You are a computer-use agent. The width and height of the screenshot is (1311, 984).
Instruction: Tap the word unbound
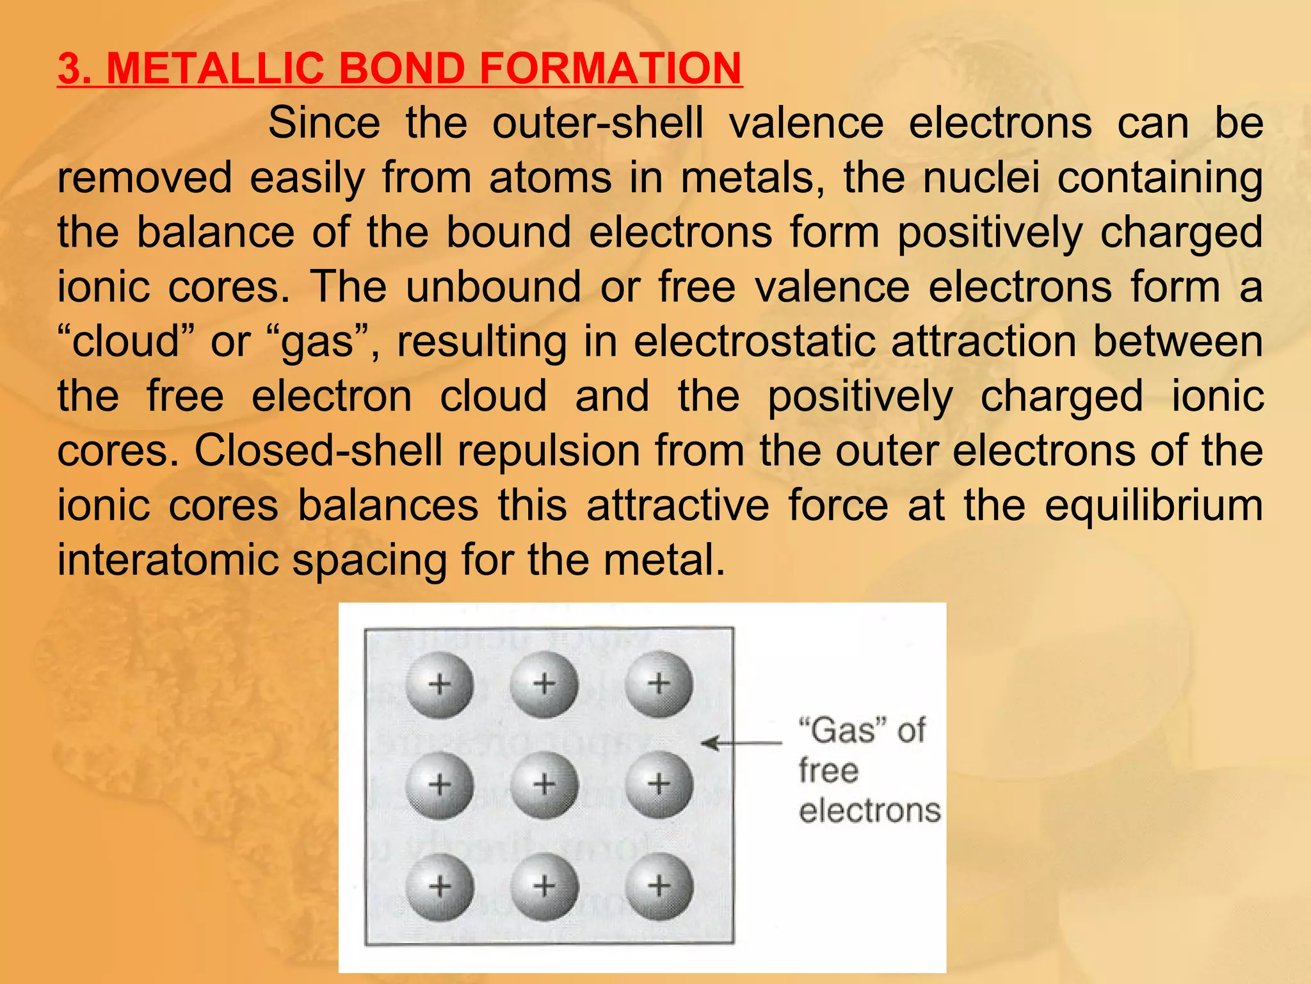[x=493, y=286]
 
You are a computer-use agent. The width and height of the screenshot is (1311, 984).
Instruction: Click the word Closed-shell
[x=318, y=450]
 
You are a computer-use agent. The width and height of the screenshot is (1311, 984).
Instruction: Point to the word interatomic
[x=168, y=560]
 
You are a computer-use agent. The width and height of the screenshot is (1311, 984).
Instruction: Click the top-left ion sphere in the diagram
[x=440, y=684]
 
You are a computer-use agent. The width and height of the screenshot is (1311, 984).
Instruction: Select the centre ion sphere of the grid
[x=544, y=785]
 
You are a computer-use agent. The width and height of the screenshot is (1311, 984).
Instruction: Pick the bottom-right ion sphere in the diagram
[x=659, y=887]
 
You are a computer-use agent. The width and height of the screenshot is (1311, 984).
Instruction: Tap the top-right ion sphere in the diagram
[x=659, y=684]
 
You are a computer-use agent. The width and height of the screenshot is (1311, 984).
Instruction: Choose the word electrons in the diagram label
[x=869, y=811]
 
